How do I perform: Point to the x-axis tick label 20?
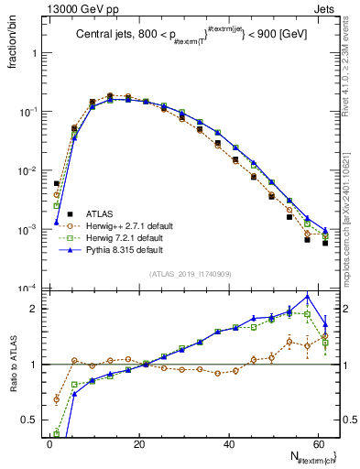tap(139, 444)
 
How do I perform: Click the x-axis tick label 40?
tap(229, 444)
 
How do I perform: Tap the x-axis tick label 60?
tap(319, 444)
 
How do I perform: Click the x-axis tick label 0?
tap(49, 444)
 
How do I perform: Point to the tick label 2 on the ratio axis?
tap(36, 309)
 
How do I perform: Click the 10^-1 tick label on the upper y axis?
tap(30, 112)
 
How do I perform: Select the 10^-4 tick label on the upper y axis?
tap(30, 289)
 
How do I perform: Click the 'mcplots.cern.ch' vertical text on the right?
tap(350, 229)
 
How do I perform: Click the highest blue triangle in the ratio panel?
tap(308, 297)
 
